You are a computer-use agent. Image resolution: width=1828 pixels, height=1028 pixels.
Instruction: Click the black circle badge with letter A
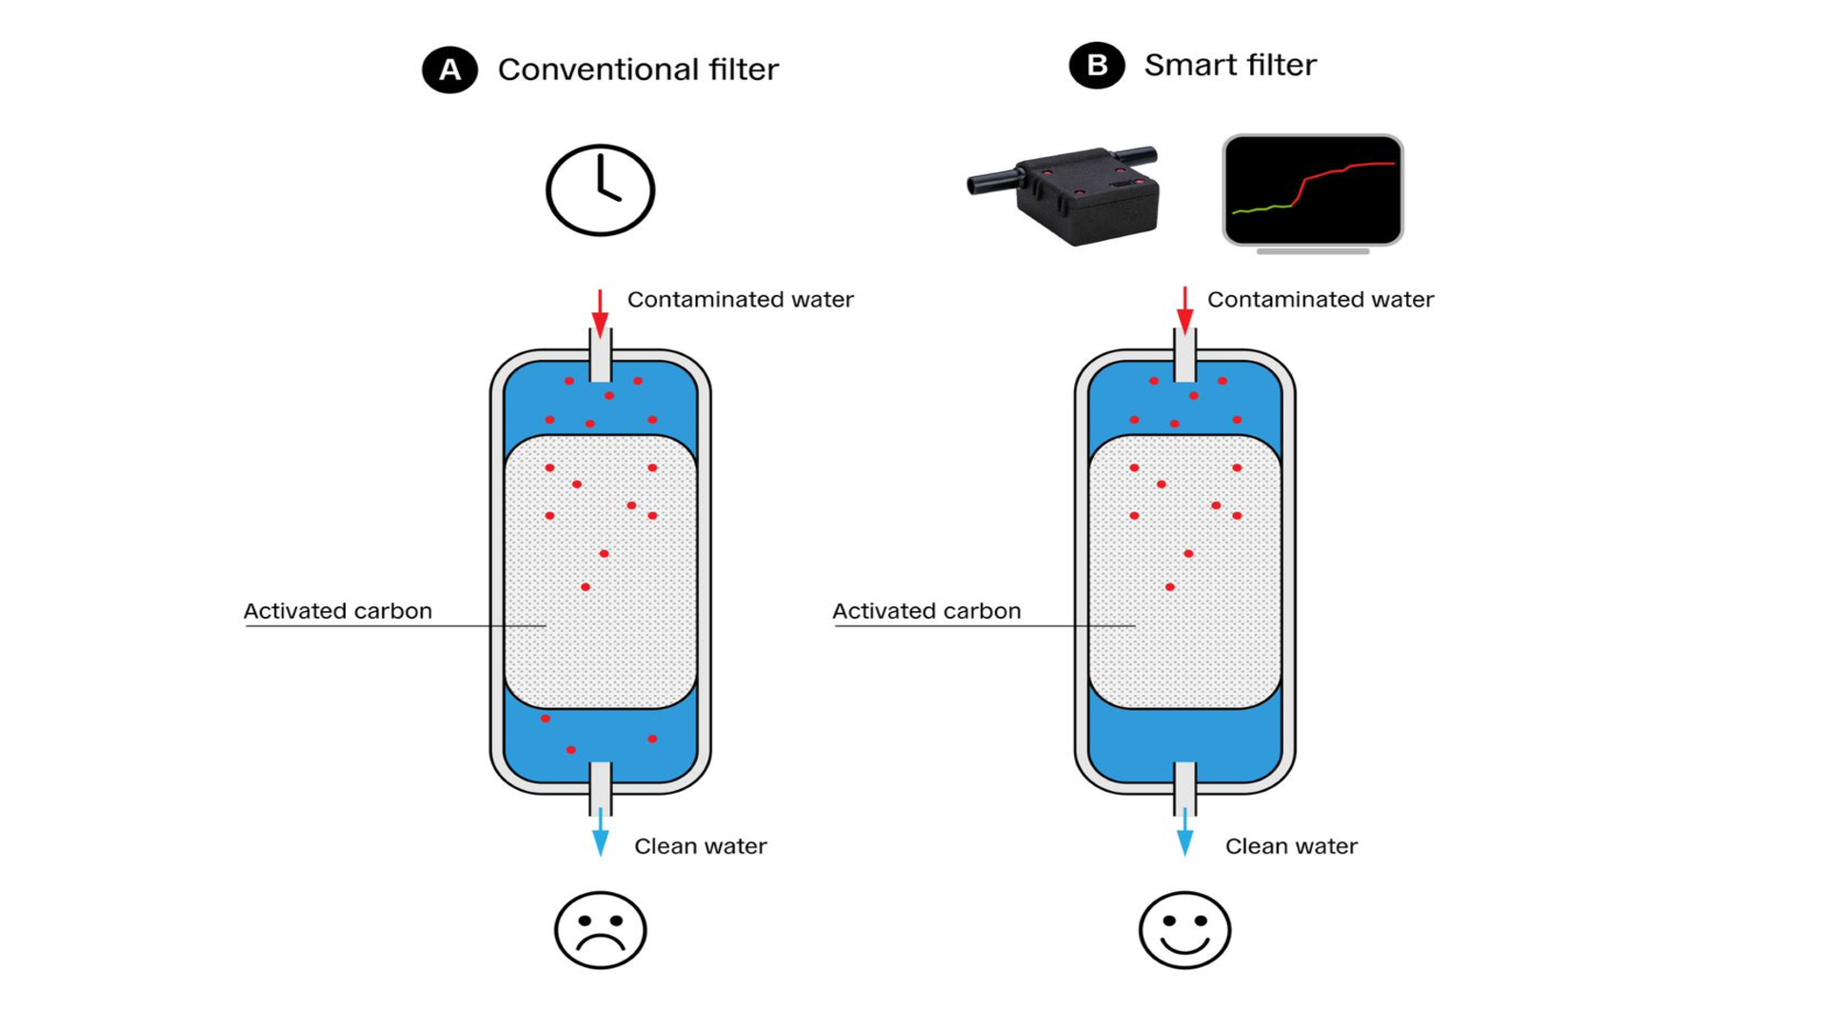pyautogui.click(x=449, y=69)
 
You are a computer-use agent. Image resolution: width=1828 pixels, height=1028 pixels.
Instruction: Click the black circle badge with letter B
pyautogui.click(x=1096, y=66)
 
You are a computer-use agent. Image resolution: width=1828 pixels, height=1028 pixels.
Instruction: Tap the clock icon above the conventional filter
pyautogui.click(x=600, y=190)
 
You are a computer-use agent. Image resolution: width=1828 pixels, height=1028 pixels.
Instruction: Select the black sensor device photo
pyautogui.click(x=1066, y=195)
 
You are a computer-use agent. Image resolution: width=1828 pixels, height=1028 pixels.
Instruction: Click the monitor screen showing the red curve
pyautogui.click(x=1312, y=189)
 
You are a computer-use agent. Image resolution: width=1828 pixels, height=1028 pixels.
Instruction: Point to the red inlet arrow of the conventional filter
pyautogui.click(x=600, y=312)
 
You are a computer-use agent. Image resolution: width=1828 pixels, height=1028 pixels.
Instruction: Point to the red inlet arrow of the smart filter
pyautogui.click(x=1184, y=310)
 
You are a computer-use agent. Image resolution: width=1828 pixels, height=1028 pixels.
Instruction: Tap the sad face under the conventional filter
pyautogui.click(x=600, y=930)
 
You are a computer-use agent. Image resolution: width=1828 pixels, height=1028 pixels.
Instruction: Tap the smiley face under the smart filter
pyautogui.click(x=1184, y=930)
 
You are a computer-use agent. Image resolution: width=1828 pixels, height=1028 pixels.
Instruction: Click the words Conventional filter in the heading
pyautogui.click(x=638, y=69)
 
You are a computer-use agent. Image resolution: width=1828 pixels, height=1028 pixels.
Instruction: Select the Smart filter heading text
pyautogui.click(x=1230, y=65)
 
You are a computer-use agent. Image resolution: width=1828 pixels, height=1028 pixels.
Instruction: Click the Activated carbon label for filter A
pyautogui.click(x=338, y=611)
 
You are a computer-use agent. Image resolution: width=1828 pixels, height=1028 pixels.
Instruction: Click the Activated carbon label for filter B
pyautogui.click(x=926, y=611)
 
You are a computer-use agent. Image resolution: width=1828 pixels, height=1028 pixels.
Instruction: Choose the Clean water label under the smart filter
pyautogui.click(x=1291, y=846)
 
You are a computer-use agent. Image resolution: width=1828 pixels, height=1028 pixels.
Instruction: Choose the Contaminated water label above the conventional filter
pyautogui.click(x=740, y=300)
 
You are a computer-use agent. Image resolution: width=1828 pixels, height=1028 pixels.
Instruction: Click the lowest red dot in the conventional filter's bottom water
pyautogui.click(x=571, y=750)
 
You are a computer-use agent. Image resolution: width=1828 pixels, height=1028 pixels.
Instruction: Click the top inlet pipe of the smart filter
pyautogui.click(x=1184, y=357)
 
